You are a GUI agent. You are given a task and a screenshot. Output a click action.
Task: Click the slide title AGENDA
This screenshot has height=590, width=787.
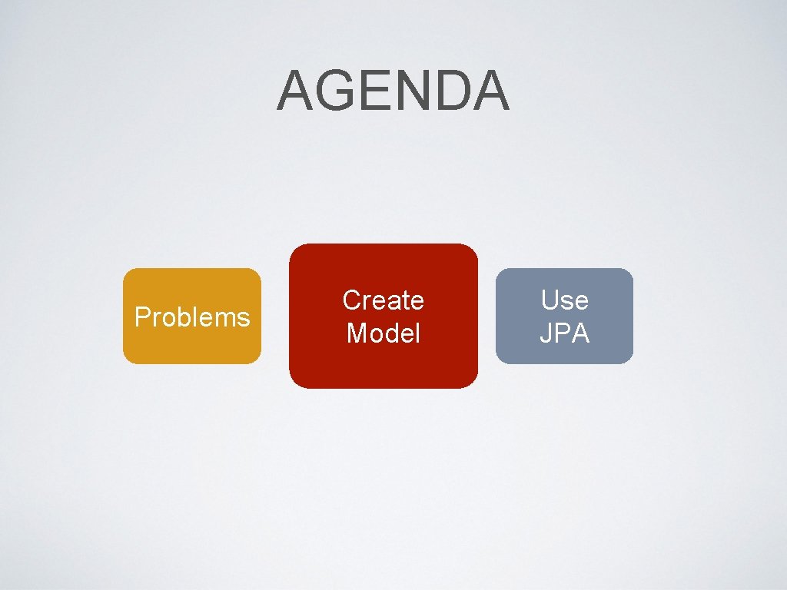tap(393, 91)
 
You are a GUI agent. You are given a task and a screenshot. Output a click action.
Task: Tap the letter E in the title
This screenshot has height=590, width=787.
tap(372, 91)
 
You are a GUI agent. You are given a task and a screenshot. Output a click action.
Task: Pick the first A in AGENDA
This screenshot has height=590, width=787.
tap(294, 91)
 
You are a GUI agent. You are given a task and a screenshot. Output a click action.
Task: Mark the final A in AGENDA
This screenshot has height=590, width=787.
tap(489, 91)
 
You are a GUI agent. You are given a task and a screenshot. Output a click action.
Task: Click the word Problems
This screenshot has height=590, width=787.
tap(192, 317)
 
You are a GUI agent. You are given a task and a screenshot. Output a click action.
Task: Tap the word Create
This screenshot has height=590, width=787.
tap(383, 300)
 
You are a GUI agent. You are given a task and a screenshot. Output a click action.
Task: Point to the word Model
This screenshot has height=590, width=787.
tap(383, 333)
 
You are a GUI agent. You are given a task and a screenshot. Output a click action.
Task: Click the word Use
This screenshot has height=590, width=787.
tap(564, 300)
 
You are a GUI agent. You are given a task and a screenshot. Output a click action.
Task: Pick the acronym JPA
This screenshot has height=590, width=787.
tap(564, 333)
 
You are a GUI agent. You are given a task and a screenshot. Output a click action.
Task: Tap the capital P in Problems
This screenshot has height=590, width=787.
tap(141, 317)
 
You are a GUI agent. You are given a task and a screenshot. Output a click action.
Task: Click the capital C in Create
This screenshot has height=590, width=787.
tap(351, 300)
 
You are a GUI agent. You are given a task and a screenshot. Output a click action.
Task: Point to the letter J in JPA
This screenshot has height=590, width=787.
tap(544, 333)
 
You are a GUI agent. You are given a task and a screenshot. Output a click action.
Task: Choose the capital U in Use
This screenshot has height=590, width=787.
tap(549, 300)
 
